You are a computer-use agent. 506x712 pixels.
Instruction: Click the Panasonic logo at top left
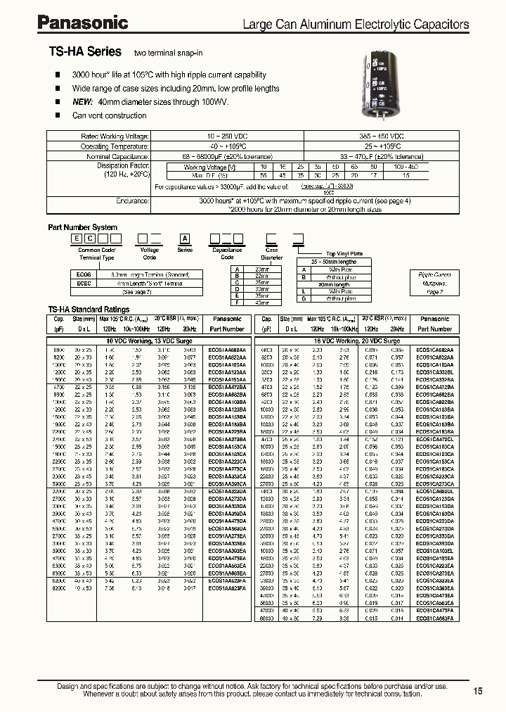click(83, 24)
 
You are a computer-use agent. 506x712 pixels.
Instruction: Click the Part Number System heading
click(82, 227)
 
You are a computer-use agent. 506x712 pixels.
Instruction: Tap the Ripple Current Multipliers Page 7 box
click(436, 281)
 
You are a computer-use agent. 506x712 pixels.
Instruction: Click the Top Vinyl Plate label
click(344, 254)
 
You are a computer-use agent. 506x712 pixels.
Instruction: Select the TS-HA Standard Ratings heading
click(89, 310)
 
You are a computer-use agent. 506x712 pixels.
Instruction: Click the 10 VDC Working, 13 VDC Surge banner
click(149, 340)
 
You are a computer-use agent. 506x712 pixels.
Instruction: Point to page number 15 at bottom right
click(478, 691)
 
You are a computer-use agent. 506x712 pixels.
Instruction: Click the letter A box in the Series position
click(185, 240)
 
